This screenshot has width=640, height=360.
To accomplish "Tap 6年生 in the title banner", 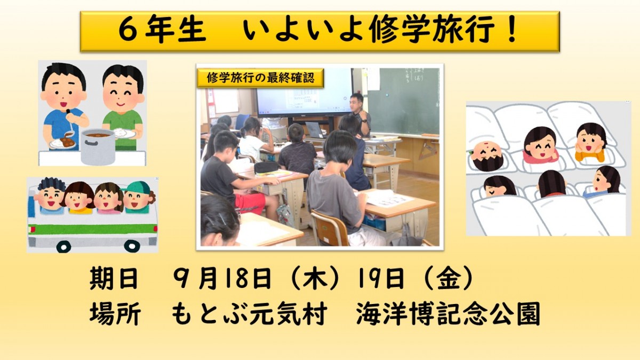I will coord(162,31).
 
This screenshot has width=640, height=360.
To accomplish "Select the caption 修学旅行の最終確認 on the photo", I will coord(260,78).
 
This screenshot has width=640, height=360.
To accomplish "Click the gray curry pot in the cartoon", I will coord(98,146).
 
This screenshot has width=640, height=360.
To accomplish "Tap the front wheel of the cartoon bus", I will coord(64,246).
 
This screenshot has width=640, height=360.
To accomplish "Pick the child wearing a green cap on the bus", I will coord(137,196).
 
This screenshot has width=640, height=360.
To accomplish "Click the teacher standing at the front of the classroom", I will coord(359,114).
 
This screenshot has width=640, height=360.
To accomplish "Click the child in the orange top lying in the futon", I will coord(590,143).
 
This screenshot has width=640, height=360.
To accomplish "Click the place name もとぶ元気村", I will coord(249,315).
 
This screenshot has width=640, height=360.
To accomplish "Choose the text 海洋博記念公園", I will coord(448,315).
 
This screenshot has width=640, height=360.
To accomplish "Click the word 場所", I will coord(114,315).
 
